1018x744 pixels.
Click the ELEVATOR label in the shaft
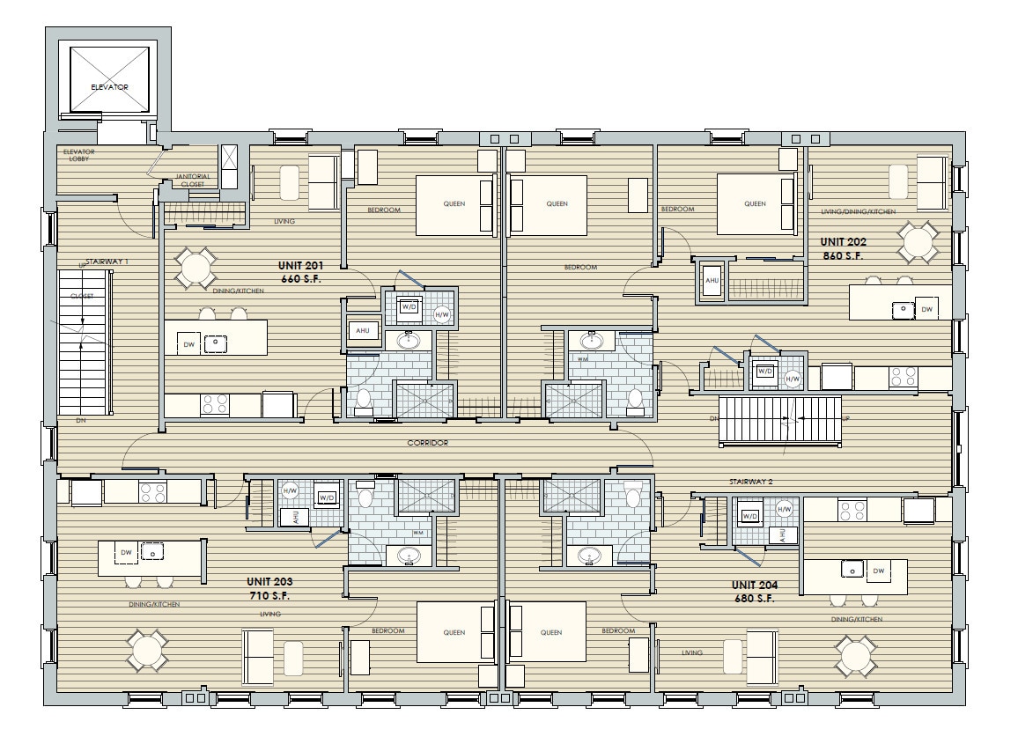click(109, 87)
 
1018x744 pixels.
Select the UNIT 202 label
click(844, 241)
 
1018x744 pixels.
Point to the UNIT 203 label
click(270, 582)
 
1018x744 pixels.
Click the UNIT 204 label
click(753, 585)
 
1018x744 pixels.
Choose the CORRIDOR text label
click(428, 443)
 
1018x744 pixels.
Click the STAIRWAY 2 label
click(750, 482)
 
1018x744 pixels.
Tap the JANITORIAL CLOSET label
click(192, 180)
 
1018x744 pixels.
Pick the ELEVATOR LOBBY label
click(78, 156)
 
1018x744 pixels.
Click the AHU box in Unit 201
click(362, 330)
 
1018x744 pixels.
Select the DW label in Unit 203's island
click(126, 552)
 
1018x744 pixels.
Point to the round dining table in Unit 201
click(195, 269)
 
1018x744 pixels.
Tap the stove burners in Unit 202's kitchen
click(903, 377)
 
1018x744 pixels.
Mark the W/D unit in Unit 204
click(750, 516)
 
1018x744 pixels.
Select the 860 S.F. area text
click(843, 256)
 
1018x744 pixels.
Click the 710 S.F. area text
click(270, 596)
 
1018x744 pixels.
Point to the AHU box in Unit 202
click(712, 281)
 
